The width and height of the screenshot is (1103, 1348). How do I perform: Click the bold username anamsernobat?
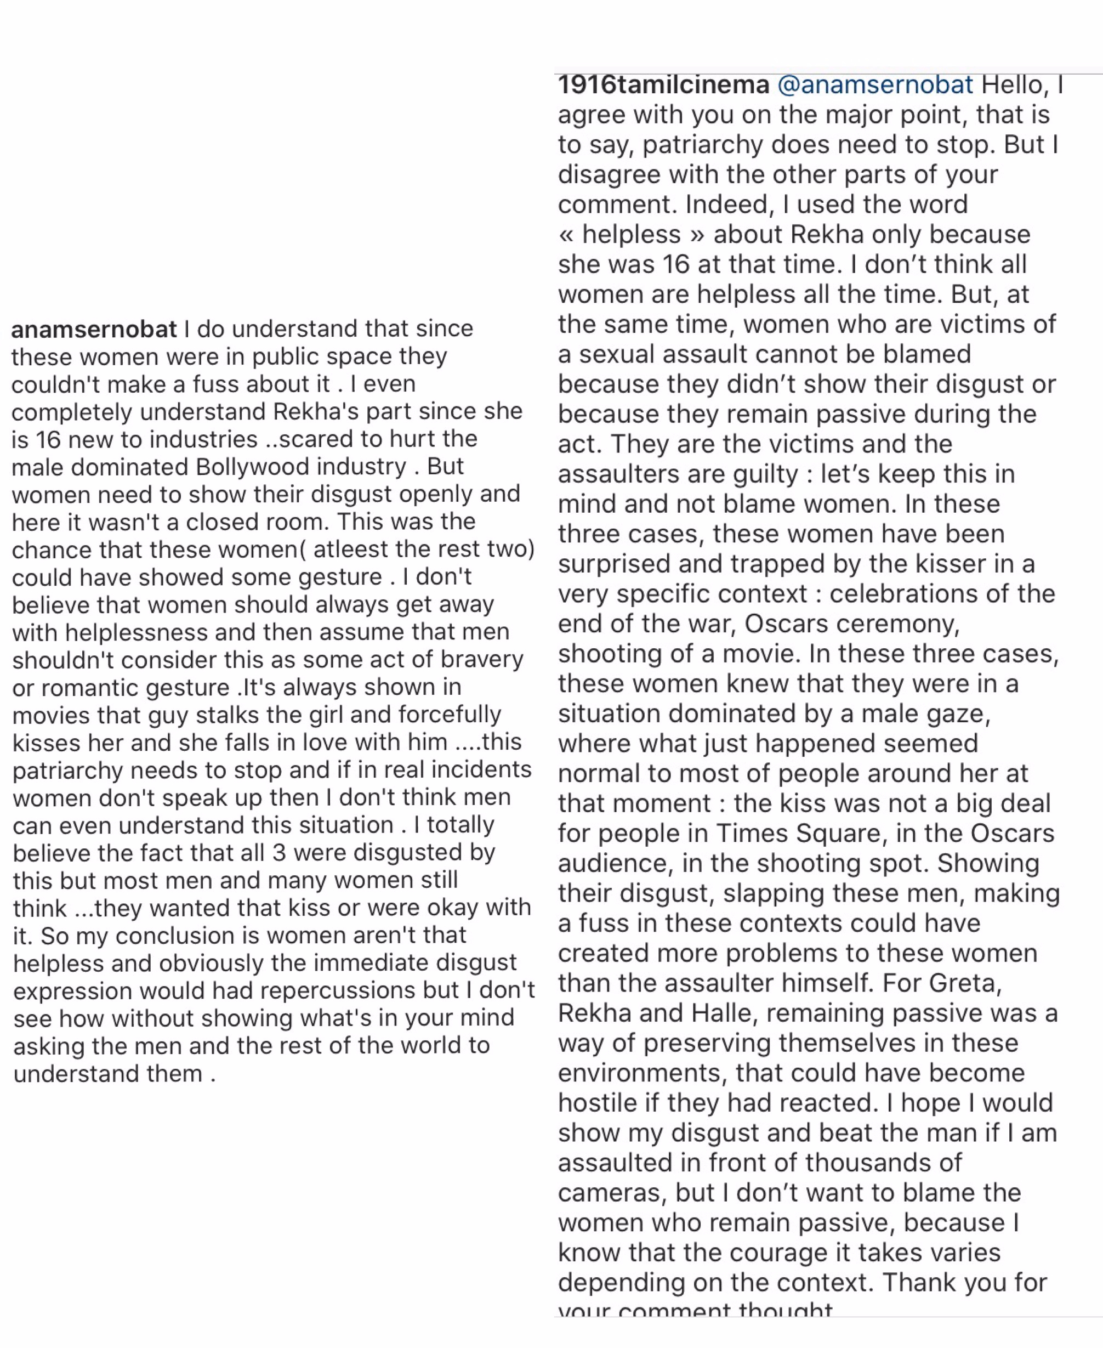(x=94, y=329)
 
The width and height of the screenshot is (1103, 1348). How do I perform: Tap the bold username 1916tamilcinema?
(x=663, y=85)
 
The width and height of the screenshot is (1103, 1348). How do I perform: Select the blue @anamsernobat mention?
(x=875, y=85)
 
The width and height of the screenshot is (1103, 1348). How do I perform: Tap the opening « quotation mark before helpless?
(x=567, y=235)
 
